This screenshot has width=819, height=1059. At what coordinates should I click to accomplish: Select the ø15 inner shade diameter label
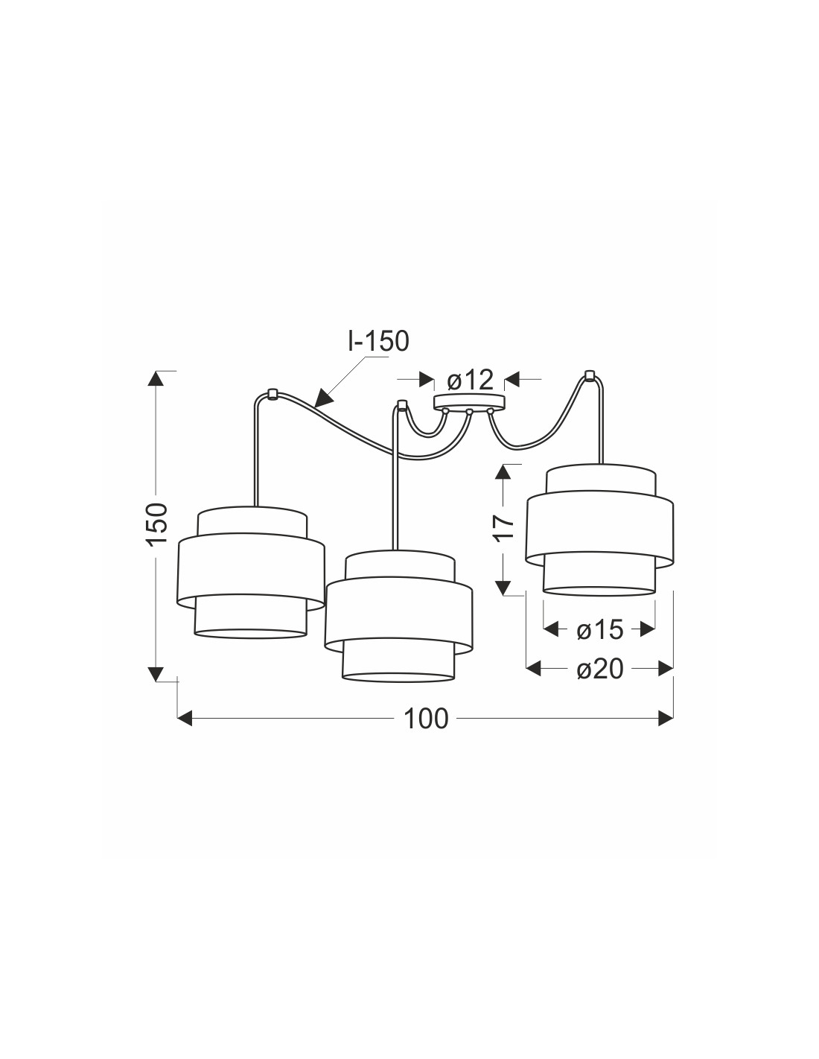point(599,630)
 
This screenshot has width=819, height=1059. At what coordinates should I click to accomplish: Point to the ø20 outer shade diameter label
point(599,670)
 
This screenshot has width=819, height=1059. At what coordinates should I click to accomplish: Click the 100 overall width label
point(425,719)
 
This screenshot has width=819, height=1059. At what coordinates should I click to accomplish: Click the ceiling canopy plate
point(469,401)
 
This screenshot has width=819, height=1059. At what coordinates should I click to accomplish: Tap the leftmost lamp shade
point(250,572)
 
